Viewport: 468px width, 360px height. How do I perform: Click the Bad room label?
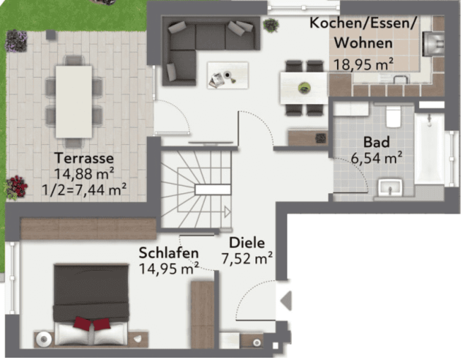(377, 142)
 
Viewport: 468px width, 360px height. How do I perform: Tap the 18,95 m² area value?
(363, 64)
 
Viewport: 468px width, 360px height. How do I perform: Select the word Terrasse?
(84, 158)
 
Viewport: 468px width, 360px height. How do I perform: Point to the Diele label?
(247, 242)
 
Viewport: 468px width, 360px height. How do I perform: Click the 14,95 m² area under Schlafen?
(169, 269)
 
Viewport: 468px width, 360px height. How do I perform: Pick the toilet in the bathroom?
(393, 116)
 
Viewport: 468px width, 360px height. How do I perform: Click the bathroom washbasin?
(390, 187)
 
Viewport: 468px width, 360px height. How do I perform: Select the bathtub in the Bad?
(429, 149)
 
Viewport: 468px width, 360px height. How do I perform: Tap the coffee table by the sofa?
(227, 75)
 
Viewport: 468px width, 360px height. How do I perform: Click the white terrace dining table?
(74, 102)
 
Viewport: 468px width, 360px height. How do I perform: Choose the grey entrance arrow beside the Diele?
(286, 301)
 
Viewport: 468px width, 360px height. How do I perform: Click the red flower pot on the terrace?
(16, 187)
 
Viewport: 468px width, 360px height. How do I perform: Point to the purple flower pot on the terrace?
(16, 40)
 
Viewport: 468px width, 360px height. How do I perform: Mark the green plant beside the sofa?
(271, 25)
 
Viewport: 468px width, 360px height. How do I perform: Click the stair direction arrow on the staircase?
(227, 211)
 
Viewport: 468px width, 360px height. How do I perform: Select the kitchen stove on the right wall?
(432, 44)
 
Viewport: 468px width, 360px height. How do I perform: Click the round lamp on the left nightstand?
(44, 339)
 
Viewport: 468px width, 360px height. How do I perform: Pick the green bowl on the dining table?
(304, 88)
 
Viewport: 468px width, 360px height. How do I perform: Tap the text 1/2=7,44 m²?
(84, 190)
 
